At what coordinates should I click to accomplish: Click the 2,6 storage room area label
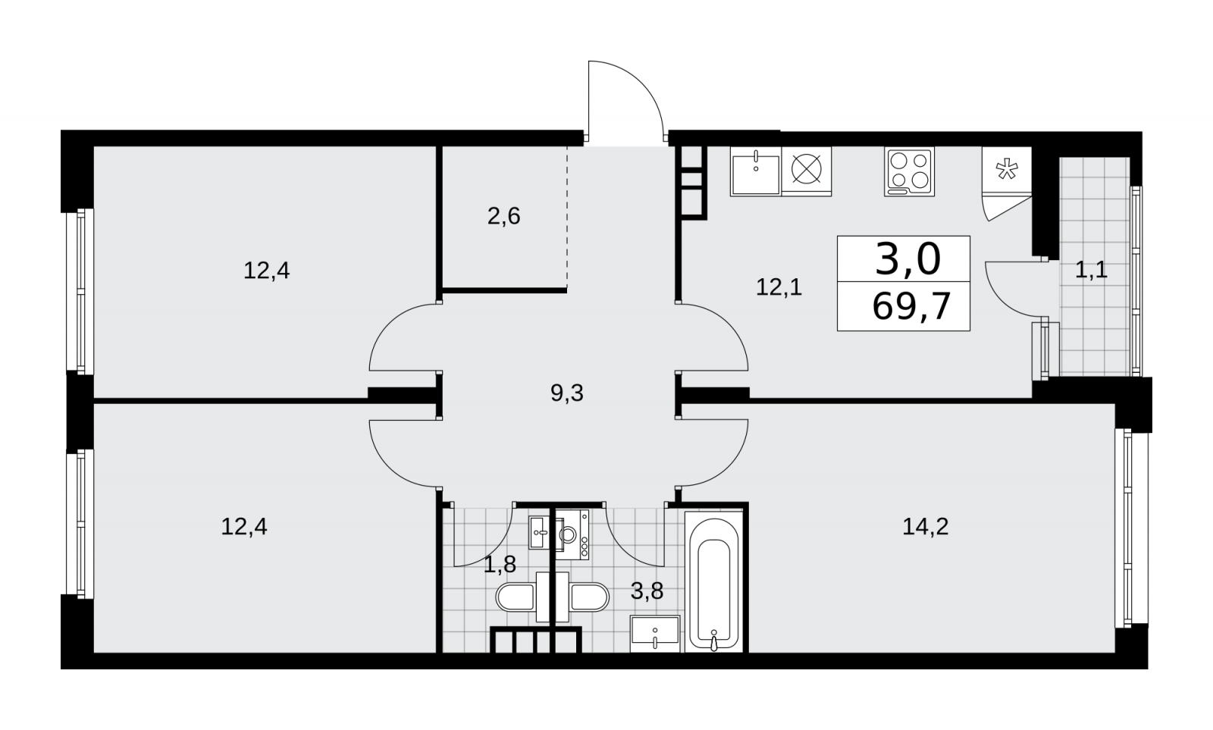(x=503, y=217)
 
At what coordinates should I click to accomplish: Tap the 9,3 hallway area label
(x=567, y=393)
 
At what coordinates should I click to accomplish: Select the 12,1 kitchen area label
(x=779, y=287)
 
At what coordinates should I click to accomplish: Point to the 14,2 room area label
(x=926, y=527)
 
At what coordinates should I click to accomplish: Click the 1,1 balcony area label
(x=1091, y=270)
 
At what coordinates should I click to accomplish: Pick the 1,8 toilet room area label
(x=500, y=565)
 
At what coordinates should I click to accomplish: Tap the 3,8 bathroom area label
(x=647, y=591)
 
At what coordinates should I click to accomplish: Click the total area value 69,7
(x=911, y=306)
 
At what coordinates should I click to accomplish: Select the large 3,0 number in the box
(x=907, y=259)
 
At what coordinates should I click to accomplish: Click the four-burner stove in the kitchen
(x=909, y=171)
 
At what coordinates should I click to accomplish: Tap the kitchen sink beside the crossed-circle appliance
(x=755, y=171)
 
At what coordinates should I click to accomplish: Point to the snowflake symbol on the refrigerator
(x=1007, y=170)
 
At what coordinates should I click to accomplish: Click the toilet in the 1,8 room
(x=516, y=597)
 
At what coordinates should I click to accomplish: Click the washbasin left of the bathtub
(x=655, y=634)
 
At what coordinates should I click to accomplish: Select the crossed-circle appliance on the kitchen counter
(x=807, y=170)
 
